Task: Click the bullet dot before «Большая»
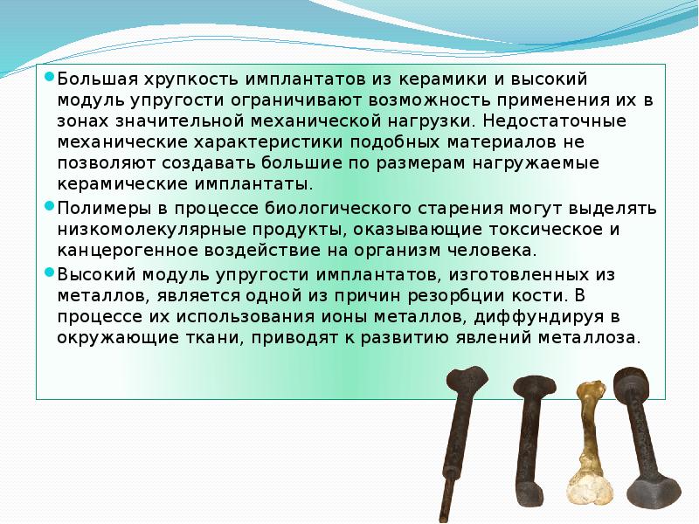point(51,76)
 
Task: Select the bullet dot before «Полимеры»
point(51,206)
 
